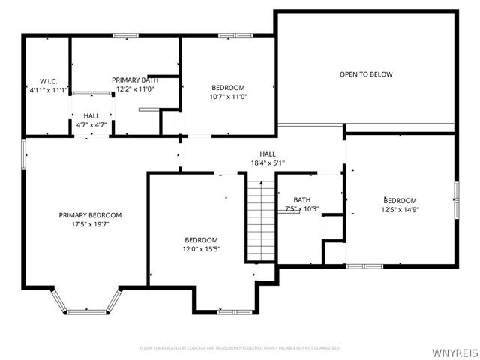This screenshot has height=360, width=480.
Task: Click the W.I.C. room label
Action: pyautogui.click(x=38, y=81)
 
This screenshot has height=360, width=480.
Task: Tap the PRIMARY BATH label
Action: pyautogui.click(x=135, y=79)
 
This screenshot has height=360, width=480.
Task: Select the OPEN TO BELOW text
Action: pyautogui.click(x=366, y=74)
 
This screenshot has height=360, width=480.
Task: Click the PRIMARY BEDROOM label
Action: pyautogui.click(x=90, y=215)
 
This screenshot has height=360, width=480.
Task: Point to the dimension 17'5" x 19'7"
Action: pyautogui.click(x=90, y=224)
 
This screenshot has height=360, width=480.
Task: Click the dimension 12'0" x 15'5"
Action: pyautogui.click(x=201, y=249)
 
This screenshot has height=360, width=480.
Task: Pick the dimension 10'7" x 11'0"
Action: pyautogui.click(x=228, y=96)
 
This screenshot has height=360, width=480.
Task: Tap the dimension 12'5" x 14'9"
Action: pyautogui.click(x=400, y=210)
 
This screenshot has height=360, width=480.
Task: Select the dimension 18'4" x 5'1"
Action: pyautogui.click(x=268, y=163)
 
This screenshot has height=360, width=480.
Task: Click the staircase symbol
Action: pyautogui.click(x=260, y=217)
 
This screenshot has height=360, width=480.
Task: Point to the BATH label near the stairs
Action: pyautogui.click(x=302, y=199)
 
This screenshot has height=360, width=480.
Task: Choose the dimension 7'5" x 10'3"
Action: pyautogui.click(x=302, y=209)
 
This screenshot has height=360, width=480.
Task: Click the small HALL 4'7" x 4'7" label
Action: pyautogui.click(x=92, y=120)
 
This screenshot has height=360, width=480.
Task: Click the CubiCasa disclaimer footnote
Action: pyautogui.click(x=240, y=348)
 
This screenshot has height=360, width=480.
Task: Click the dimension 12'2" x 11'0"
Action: pyautogui.click(x=135, y=88)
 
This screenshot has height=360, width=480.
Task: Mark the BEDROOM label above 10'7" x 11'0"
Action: pyautogui.click(x=228, y=87)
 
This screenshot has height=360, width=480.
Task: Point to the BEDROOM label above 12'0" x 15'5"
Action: pyautogui.click(x=201, y=240)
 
